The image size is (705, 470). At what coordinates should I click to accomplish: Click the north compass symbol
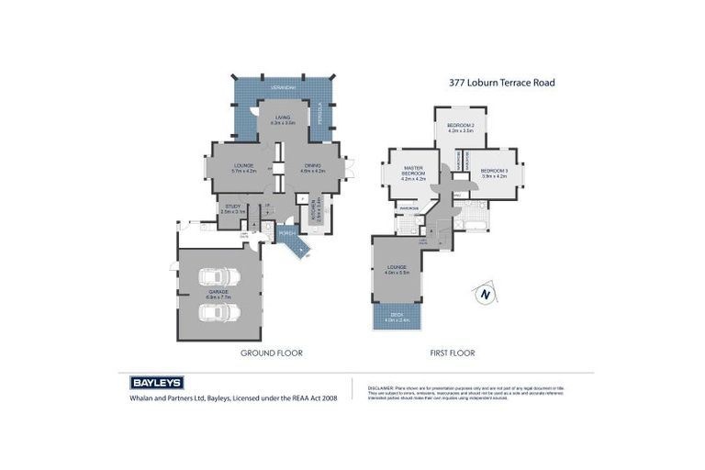point(485,294)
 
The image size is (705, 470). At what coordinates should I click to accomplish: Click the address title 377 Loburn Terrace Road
point(501,83)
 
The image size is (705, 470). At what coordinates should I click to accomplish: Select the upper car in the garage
point(220,277)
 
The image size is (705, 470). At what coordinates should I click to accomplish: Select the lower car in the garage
point(220,312)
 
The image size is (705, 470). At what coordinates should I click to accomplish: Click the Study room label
point(231,209)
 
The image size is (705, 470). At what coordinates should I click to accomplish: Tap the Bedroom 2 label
point(460,128)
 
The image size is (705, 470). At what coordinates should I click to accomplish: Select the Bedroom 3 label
point(494,172)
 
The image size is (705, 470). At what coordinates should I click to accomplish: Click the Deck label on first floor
point(397,317)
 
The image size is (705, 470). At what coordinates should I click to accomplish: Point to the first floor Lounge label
point(397,270)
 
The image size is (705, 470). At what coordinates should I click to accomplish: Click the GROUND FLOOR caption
point(271,352)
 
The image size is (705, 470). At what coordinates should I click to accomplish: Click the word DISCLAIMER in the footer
point(380,388)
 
